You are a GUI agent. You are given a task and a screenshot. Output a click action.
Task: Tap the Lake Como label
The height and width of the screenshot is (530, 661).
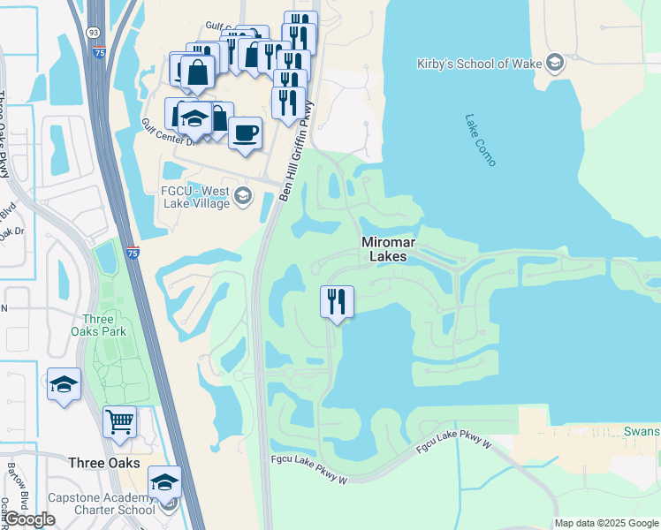pos(481,139)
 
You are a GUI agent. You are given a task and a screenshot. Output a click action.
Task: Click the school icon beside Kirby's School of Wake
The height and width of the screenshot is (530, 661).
pos(554,62)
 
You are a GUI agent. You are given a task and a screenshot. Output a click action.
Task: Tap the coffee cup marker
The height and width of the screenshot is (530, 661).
pos(245,133)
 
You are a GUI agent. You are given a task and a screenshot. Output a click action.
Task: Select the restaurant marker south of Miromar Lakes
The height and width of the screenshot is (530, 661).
pos(336,301)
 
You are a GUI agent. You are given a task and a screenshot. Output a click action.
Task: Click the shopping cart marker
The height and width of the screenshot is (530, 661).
pos(119,420)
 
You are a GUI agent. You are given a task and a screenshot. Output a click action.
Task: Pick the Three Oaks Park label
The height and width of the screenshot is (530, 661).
pos(103,325)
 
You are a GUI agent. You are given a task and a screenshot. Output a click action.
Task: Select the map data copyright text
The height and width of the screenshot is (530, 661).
pos(605,523)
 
